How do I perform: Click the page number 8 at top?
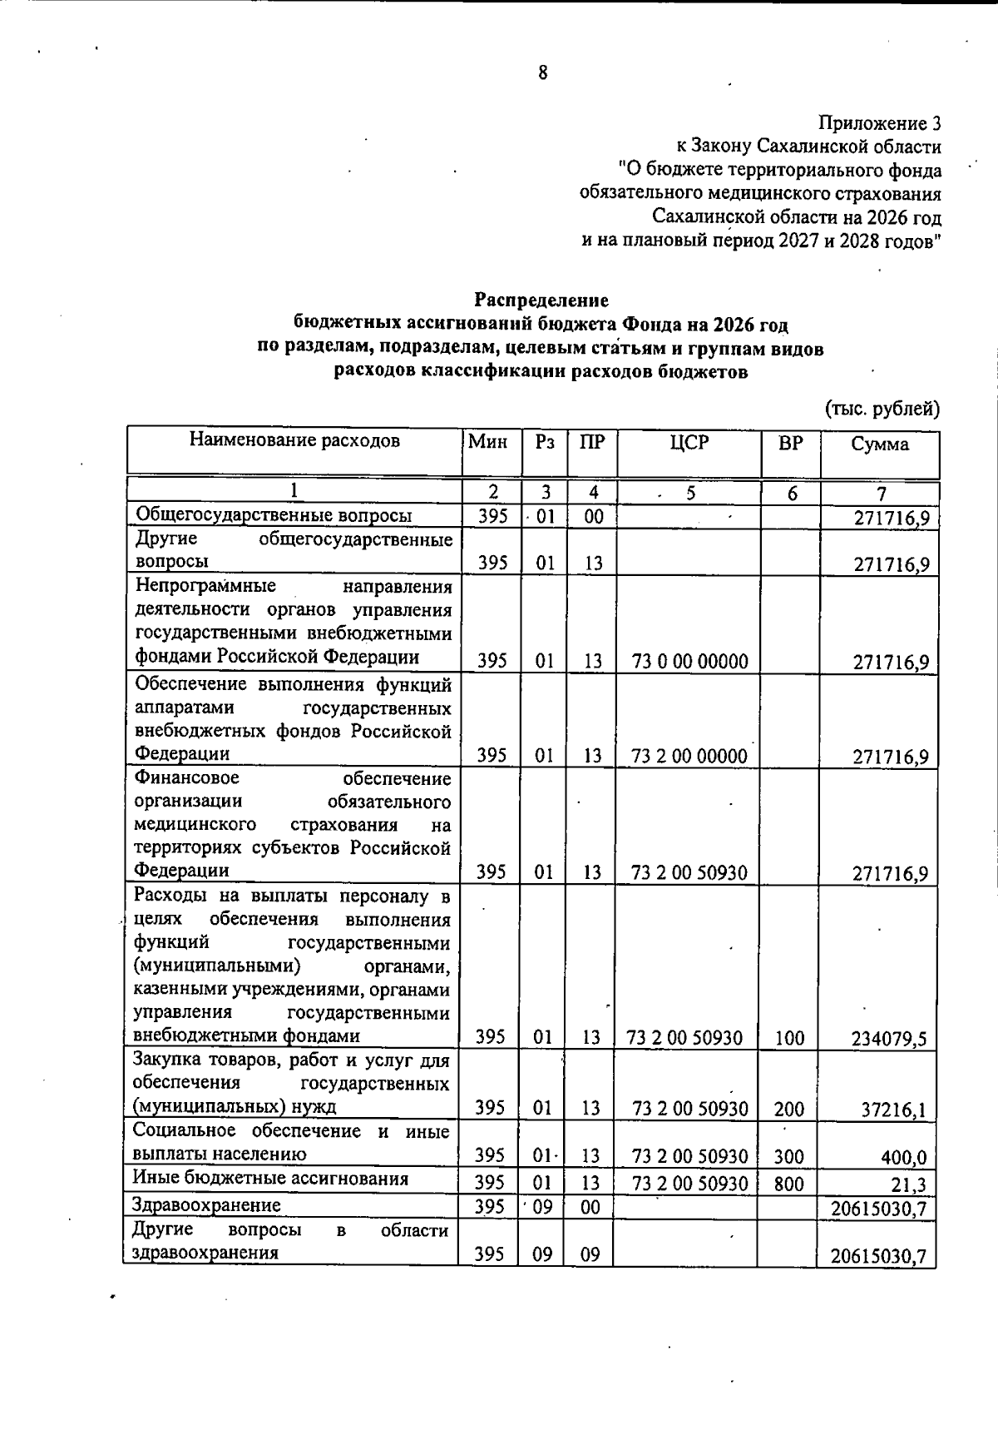(x=543, y=73)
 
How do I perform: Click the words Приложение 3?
(x=880, y=124)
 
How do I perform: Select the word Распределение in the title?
(x=541, y=300)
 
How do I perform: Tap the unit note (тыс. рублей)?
(x=882, y=409)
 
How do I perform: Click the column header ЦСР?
(x=689, y=443)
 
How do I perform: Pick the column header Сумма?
(x=880, y=444)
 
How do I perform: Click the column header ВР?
(x=790, y=443)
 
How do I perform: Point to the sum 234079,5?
(x=889, y=1039)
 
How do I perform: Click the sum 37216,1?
(x=894, y=1110)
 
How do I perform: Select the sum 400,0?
(x=904, y=1157)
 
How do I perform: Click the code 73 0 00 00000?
(x=689, y=662)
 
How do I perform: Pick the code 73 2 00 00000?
(x=689, y=756)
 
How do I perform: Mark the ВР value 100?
(x=789, y=1038)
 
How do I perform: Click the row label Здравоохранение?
(x=206, y=1204)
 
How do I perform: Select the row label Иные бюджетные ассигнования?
(x=270, y=1178)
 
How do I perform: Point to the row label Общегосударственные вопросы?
(x=274, y=515)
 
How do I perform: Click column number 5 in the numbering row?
(x=690, y=494)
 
